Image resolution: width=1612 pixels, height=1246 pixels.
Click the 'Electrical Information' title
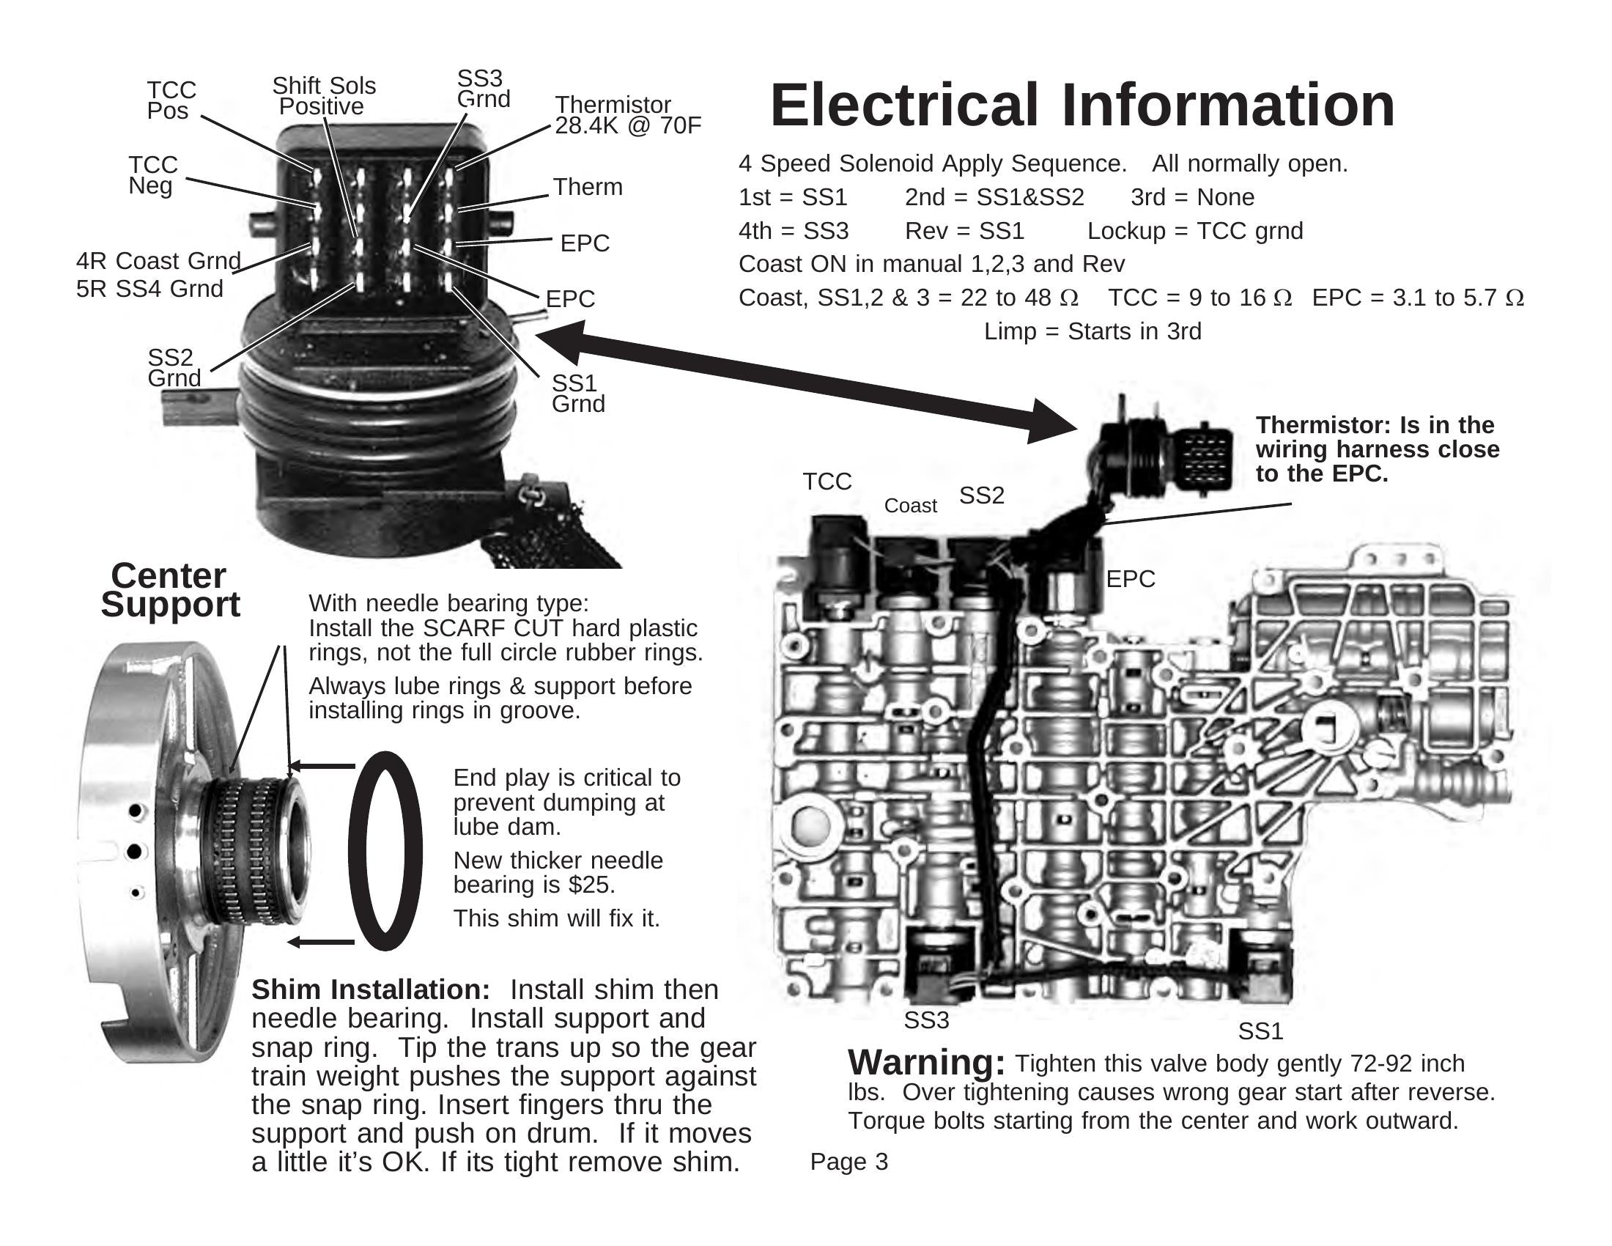[x=1082, y=106]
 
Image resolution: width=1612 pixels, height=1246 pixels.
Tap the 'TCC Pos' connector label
[x=171, y=100]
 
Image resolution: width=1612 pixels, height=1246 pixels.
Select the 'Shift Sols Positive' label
[x=323, y=96]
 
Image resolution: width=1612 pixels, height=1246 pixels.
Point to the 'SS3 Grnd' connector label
[x=483, y=89]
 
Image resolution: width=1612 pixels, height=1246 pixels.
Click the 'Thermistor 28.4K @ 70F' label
[x=626, y=115]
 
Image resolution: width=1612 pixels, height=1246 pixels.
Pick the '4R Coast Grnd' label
[x=158, y=262]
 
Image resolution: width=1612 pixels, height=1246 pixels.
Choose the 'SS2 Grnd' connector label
[x=174, y=368]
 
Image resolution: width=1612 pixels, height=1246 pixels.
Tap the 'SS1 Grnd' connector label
[x=578, y=394]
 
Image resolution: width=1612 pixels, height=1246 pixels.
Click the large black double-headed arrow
[x=805, y=381]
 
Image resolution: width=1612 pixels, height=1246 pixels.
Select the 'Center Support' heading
[x=170, y=590]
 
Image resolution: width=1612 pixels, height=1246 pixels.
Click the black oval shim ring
[x=385, y=850]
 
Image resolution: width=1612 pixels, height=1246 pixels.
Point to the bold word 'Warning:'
[x=926, y=1063]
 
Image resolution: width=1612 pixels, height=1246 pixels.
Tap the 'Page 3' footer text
[x=848, y=1162]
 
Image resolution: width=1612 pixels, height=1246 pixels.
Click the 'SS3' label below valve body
[x=925, y=1020]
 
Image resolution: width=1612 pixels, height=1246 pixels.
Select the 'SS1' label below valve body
[x=1260, y=1031]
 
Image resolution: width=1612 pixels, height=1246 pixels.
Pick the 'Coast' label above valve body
[x=910, y=506]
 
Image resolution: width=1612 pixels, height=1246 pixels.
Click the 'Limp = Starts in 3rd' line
[x=1092, y=331]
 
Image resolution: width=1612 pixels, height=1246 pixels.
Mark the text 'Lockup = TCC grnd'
[x=1195, y=231]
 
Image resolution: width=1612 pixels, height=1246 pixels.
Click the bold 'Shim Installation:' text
[x=371, y=990]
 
